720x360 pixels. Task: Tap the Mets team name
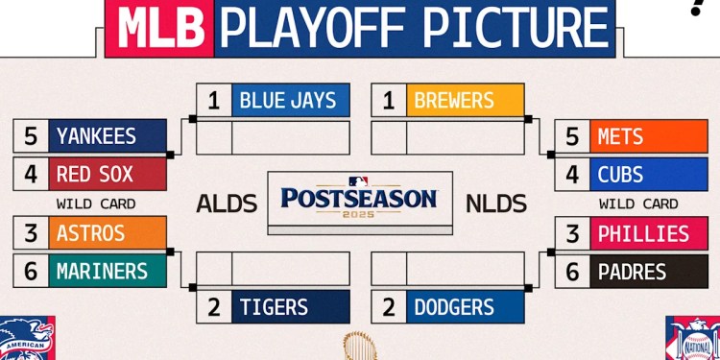pos(620,136)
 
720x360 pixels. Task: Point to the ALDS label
pos(227,204)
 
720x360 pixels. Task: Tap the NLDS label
pos(496,204)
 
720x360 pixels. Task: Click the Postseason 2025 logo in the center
pos(359,200)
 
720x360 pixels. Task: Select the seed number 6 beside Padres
pos(572,272)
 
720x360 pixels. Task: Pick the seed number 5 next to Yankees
pos(31,136)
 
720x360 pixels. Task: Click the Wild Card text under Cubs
pos(638,204)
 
